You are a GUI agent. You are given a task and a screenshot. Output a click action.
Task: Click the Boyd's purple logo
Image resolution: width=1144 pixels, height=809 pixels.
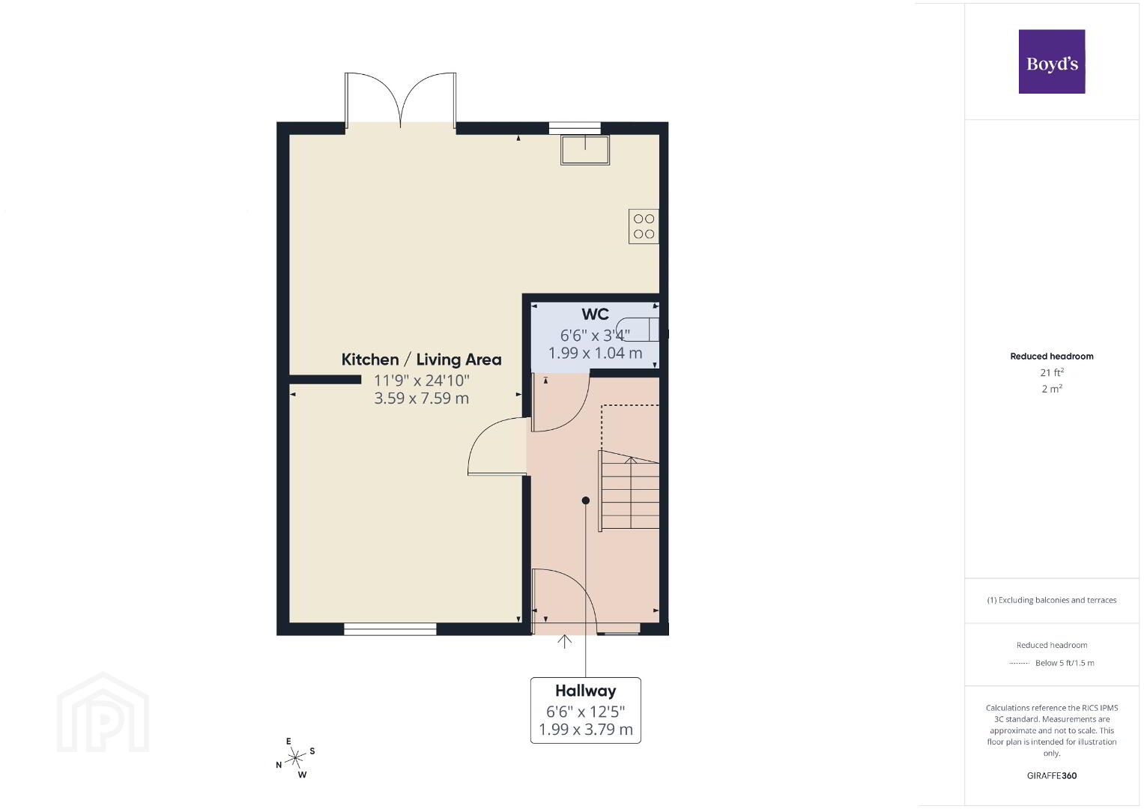1052,61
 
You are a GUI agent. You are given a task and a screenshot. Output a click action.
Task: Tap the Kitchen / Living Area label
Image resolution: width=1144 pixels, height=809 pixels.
421,360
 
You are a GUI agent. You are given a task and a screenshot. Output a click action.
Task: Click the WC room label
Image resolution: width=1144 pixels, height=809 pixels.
595,314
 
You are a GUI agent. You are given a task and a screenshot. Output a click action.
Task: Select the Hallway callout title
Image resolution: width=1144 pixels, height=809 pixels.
585,691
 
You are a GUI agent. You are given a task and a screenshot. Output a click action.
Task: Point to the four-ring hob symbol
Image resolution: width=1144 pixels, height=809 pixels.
644,226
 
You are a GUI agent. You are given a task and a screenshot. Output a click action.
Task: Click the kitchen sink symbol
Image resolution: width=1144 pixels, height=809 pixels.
585,150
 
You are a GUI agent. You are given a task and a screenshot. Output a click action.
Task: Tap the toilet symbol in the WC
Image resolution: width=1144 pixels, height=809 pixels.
638,330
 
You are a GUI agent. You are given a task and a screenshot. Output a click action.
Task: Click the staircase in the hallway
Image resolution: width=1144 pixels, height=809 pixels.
629,491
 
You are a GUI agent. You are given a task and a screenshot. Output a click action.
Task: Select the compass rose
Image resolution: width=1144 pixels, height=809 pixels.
296,758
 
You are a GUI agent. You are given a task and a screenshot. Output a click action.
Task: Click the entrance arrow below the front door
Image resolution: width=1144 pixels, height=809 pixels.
564,642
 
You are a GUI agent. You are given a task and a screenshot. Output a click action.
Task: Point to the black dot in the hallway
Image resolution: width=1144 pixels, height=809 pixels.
585,500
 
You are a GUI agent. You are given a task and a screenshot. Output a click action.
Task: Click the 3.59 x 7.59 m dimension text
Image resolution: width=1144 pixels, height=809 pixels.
421,399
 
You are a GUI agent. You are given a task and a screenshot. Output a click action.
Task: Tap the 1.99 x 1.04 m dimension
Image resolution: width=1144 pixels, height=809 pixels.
595,353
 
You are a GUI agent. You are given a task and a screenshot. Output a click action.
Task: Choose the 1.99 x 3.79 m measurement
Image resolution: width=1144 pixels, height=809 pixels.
585,730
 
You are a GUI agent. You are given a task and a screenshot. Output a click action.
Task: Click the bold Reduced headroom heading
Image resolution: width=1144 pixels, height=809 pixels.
1052,357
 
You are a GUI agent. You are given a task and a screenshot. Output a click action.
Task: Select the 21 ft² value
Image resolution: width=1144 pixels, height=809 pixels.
1052,372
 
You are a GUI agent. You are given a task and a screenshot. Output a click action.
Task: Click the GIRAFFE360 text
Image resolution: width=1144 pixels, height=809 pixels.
1052,776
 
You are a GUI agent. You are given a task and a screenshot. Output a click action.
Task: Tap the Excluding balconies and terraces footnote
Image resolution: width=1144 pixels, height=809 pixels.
1052,600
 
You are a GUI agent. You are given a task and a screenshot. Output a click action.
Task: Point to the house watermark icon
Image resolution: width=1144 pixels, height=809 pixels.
103,712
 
